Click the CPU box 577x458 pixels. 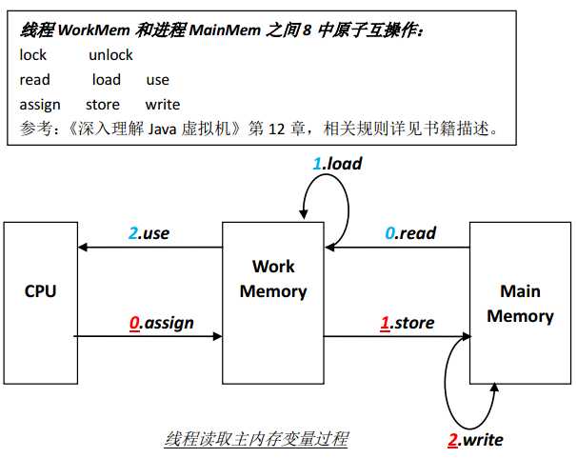[40, 290]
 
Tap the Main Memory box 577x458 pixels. [520, 304]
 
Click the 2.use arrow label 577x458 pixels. [149, 232]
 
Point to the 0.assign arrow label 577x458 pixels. [161, 323]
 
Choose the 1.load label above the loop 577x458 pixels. [337, 164]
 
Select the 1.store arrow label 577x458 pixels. [407, 323]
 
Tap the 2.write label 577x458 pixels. [475, 439]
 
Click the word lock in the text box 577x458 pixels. [33, 55]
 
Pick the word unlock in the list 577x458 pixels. [110, 55]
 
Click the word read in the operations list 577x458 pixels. [34, 80]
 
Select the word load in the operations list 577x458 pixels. [107, 80]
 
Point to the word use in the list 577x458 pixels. [158, 80]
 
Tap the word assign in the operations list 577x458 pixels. [40, 105]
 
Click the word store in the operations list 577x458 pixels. [103, 105]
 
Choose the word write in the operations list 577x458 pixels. [163, 105]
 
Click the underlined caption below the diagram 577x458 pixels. [256, 439]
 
